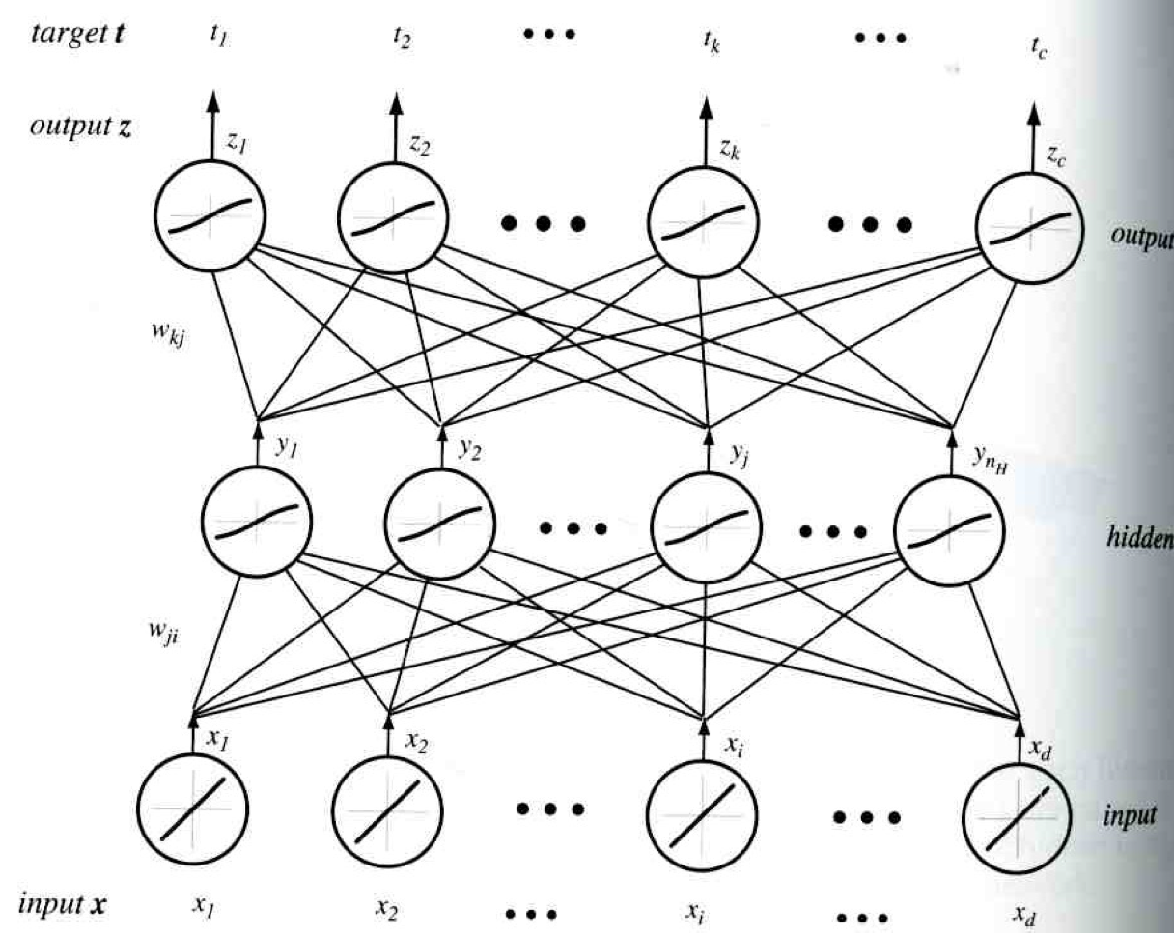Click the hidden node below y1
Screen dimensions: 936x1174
(257, 523)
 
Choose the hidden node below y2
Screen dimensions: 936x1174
(440, 524)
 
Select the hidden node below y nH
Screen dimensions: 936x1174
(950, 527)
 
